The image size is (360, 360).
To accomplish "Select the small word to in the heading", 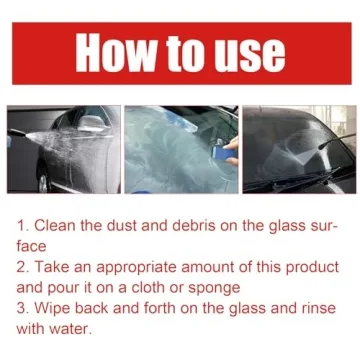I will pyautogui.click(x=179, y=55).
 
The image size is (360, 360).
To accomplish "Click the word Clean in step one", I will pyautogui.click(x=62, y=225).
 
